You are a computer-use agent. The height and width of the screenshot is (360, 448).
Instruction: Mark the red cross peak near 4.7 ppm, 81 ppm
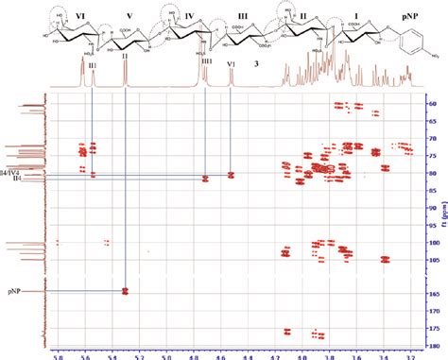click(x=206, y=178)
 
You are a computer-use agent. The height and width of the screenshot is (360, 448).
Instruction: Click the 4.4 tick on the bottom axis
click(x=249, y=356)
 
